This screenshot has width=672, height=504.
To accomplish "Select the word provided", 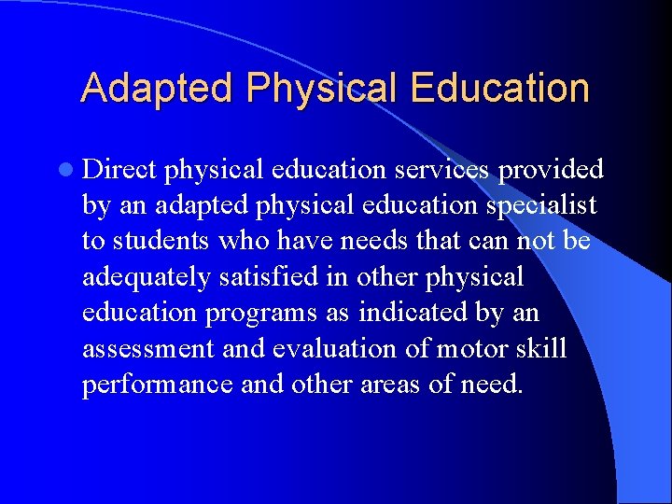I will (x=551, y=169).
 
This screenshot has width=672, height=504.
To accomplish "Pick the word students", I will (x=161, y=240).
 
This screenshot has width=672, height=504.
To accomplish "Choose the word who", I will (x=243, y=240).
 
